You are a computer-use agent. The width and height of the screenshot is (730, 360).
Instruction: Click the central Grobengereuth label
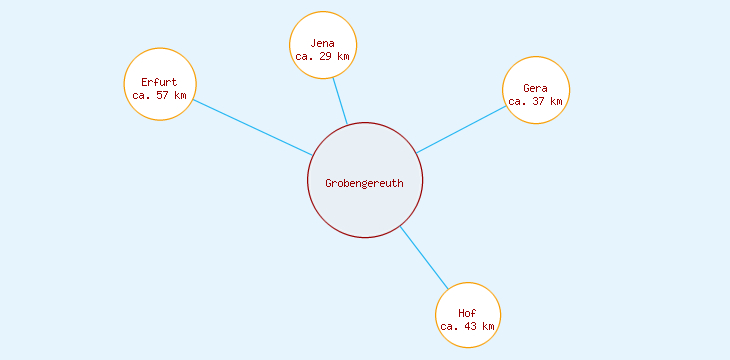(x=364, y=182)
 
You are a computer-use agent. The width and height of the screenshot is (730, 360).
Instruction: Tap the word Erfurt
(x=159, y=82)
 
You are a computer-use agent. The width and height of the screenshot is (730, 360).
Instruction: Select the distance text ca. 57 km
(x=159, y=96)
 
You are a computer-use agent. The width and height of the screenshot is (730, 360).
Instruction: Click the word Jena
(x=322, y=43)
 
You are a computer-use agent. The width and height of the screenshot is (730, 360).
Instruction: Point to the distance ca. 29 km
(x=322, y=57)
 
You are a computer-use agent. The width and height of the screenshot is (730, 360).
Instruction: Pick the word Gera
(x=535, y=88)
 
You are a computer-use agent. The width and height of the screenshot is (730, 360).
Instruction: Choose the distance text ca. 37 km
(x=535, y=101)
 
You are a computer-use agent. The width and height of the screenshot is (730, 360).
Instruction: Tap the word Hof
(x=467, y=313)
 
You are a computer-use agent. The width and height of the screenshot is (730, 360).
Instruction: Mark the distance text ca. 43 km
(x=467, y=326)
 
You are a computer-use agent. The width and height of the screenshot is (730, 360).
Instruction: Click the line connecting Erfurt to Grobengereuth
(x=252, y=127)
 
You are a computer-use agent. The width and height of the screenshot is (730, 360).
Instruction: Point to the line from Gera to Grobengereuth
(x=462, y=129)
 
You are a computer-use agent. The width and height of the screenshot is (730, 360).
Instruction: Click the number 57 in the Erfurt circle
(x=162, y=96)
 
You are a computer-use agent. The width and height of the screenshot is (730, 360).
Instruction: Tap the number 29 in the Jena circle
(x=326, y=57)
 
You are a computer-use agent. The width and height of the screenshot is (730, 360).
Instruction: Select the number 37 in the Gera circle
(x=538, y=101)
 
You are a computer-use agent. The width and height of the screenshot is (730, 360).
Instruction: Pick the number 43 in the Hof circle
(x=470, y=326)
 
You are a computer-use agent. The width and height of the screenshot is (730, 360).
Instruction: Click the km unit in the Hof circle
(x=487, y=326)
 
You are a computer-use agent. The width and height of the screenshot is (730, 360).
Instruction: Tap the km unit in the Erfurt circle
(x=179, y=96)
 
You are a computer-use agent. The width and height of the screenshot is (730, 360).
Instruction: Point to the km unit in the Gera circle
(x=555, y=101)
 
